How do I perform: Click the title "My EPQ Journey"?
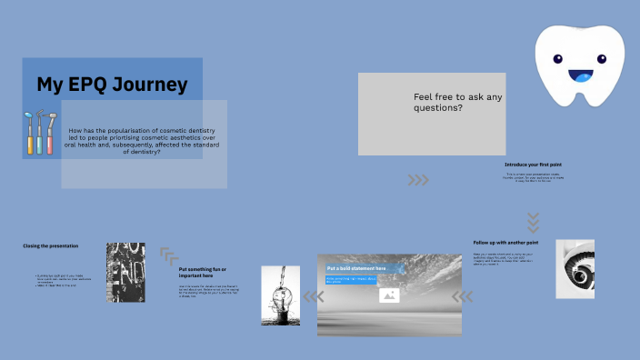tap(112, 85)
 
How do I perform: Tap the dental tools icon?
tap(40, 133)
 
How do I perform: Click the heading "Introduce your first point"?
tap(534, 165)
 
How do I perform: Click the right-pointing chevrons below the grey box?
tap(418, 180)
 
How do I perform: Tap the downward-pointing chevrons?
tap(534, 222)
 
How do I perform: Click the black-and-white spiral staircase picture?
tap(575, 269)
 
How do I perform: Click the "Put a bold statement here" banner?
tap(356, 268)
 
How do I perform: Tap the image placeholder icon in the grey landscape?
tap(389, 295)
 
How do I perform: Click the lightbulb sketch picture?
tap(280, 295)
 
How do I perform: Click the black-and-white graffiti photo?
tap(125, 272)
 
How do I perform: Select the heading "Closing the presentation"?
tap(51, 246)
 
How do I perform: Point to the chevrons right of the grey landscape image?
tap(463, 296)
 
